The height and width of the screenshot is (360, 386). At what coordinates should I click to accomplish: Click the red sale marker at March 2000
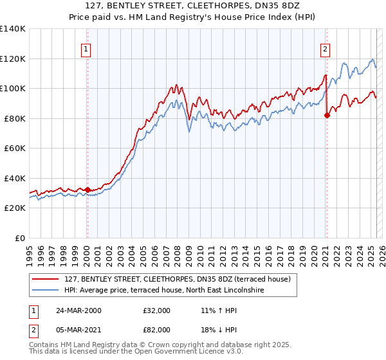[x=87, y=190]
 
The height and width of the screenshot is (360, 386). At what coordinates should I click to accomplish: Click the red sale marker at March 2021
[x=327, y=116]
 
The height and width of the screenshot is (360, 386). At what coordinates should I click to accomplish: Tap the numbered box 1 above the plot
[x=86, y=48]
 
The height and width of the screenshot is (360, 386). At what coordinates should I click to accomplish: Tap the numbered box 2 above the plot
[x=326, y=48]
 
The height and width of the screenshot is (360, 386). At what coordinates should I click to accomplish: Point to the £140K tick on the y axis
[x=13, y=29]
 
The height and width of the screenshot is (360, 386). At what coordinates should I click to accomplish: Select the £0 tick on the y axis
[x=21, y=238]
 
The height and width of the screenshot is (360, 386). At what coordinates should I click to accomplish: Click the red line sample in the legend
[x=46, y=280]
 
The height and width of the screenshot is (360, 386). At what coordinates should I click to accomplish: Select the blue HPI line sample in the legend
[x=46, y=291]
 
